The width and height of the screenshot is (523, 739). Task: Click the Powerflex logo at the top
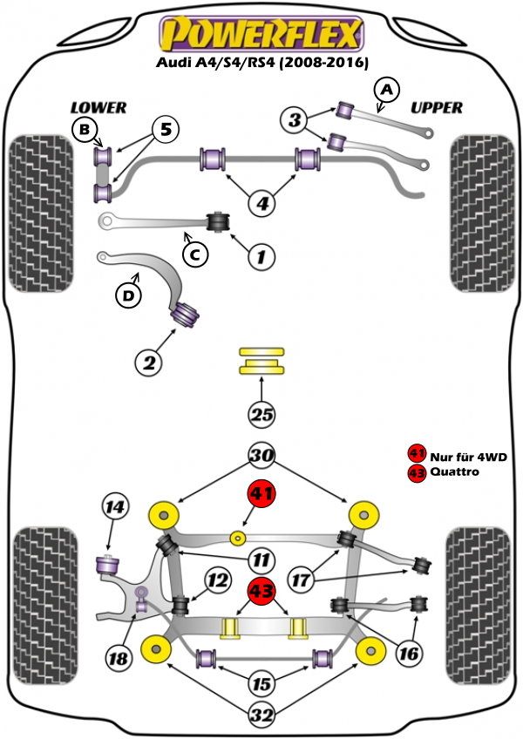(259, 35)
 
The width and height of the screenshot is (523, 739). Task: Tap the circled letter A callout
(387, 89)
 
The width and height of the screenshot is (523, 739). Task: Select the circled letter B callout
(84, 131)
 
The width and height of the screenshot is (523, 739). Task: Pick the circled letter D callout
(128, 296)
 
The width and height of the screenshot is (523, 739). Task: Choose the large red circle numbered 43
(262, 591)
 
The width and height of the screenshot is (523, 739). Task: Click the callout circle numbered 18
(117, 659)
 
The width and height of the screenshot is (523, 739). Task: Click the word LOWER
(98, 108)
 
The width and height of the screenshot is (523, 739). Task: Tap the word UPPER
(436, 108)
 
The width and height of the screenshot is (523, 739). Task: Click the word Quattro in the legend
(453, 472)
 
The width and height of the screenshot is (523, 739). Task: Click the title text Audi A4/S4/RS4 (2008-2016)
(262, 63)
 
